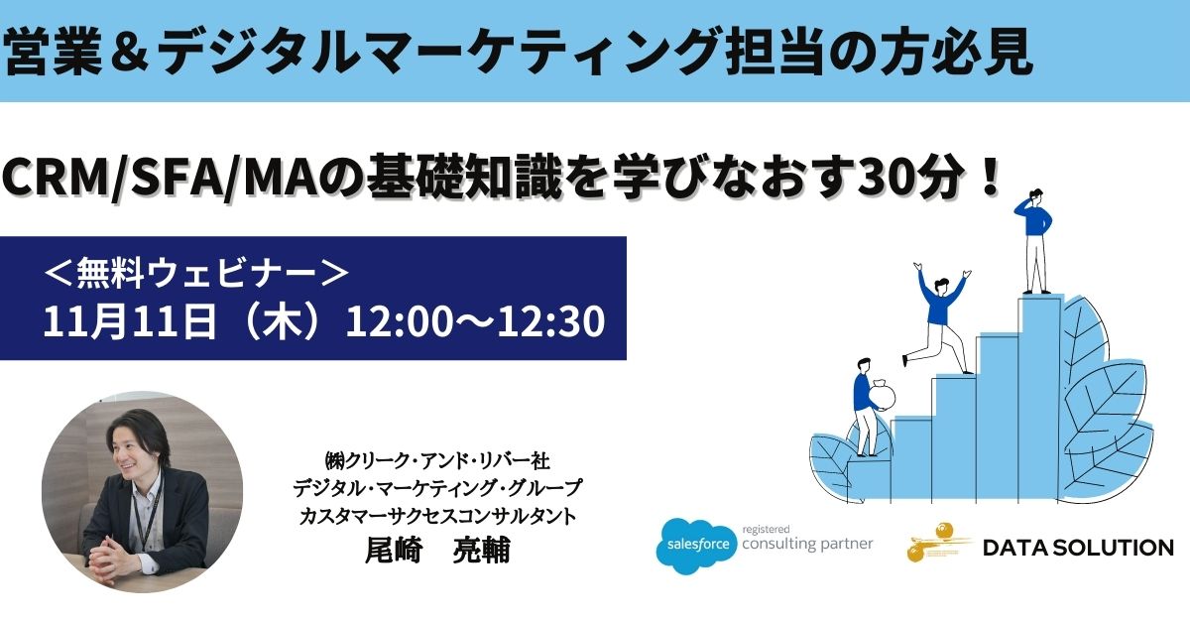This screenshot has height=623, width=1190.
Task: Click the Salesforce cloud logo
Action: click(x=696, y=546)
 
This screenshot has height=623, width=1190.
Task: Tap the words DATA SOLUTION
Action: click(x=1078, y=548)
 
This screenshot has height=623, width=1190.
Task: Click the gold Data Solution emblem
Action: click(x=938, y=543)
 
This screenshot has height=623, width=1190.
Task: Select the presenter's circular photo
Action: click(x=143, y=492)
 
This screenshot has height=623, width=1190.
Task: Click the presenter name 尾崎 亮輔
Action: click(x=437, y=550)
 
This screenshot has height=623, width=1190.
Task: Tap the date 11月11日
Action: click(x=130, y=321)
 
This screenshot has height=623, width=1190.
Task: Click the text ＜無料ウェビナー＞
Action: click(x=195, y=273)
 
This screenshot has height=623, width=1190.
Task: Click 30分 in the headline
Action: click(x=910, y=179)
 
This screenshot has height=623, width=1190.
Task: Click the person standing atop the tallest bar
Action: click(x=1033, y=241)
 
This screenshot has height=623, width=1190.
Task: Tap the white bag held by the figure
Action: click(x=882, y=395)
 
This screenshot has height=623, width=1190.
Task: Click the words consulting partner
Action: click(x=807, y=544)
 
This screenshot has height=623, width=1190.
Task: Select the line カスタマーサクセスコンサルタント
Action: click(x=437, y=516)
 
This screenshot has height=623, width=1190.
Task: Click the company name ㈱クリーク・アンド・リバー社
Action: click(x=437, y=461)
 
